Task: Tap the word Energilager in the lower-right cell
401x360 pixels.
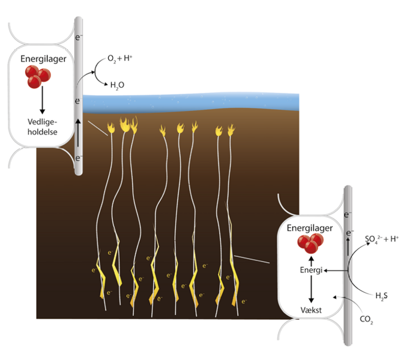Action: [x=310, y=228]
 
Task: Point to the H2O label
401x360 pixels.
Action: [x=117, y=85]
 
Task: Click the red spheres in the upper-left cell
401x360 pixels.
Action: [x=37, y=77]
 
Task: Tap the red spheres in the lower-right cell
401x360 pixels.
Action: [x=310, y=244]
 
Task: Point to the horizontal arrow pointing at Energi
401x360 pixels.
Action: [x=333, y=271]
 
